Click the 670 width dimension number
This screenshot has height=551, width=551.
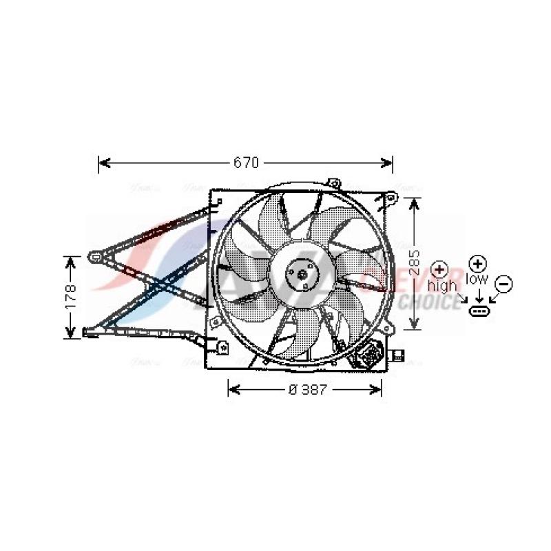coord(245,163)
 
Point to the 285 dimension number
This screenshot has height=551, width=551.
coord(413,262)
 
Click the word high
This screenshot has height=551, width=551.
coord(441,285)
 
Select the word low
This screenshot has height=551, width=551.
coord(477,279)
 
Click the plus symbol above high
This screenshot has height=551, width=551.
coord(439,269)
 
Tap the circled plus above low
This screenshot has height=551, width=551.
coord(477,263)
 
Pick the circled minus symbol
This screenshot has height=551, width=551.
coord(503,282)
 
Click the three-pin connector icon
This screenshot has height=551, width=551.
coord(479,311)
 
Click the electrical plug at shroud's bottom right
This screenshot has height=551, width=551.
coord(372,354)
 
